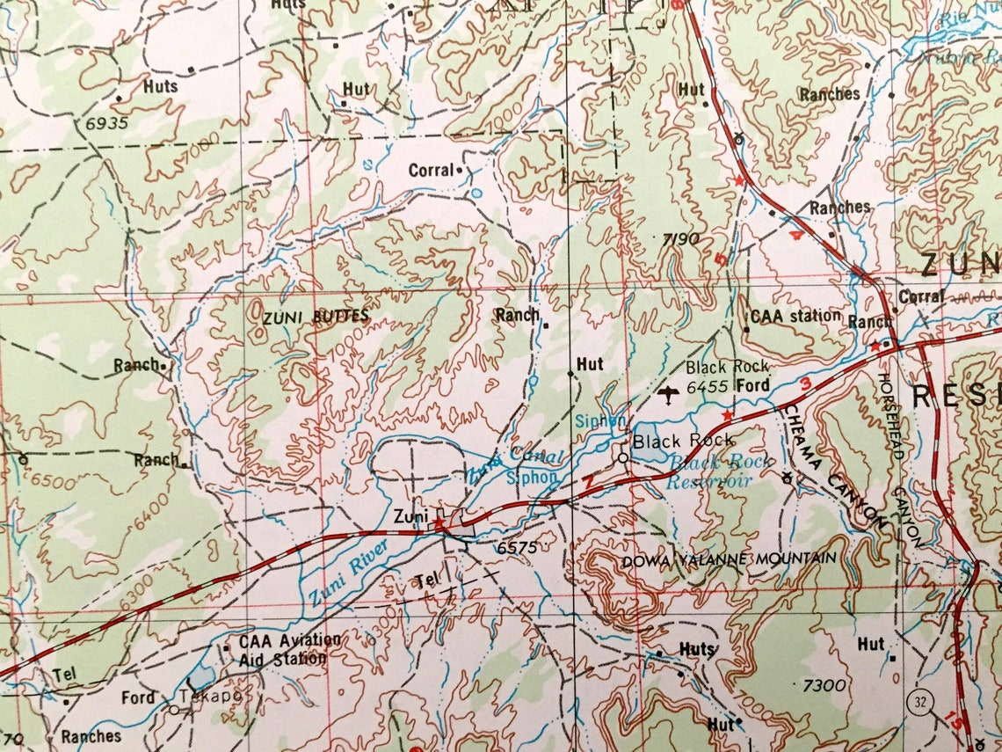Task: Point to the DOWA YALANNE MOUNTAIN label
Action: coord(729,559)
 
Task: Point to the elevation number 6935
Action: coord(107,123)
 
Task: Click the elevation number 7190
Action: coord(681,238)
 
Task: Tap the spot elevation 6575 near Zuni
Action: coord(516,547)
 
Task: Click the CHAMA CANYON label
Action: coord(835,466)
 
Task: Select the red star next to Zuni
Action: coord(439,522)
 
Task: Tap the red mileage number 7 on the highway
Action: coord(586,483)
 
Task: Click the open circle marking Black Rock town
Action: coord(623,458)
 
